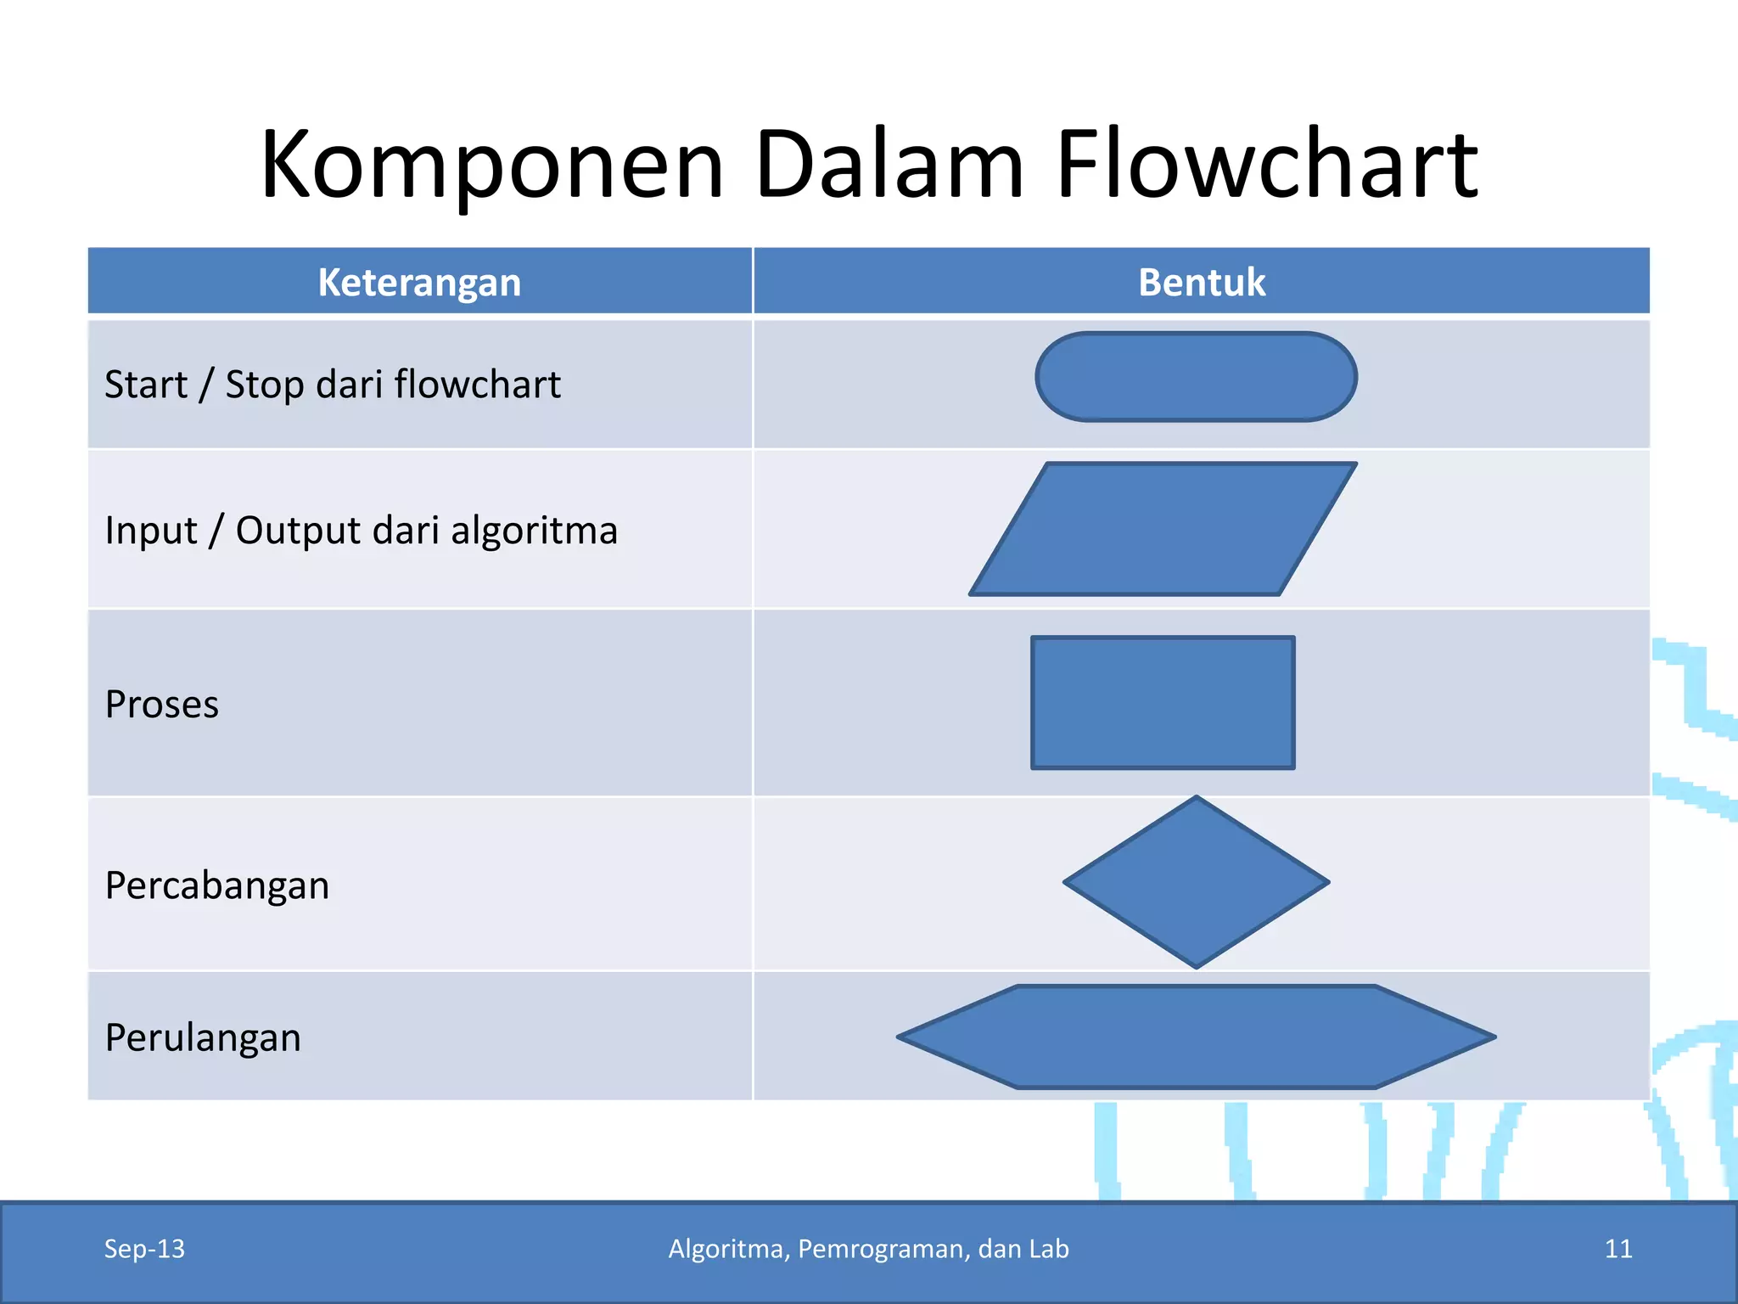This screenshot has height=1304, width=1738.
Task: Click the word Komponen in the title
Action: click(x=492, y=166)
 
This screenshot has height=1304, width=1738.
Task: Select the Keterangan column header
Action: click(x=419, y=283)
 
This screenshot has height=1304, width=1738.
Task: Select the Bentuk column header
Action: click(x=1202, y=283)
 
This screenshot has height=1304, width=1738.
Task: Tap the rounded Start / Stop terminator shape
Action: click(x=1196, y=377)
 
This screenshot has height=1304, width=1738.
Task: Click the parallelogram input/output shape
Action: click(x=1163, y=529)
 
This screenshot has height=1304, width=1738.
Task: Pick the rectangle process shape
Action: click(x=1163, y=703)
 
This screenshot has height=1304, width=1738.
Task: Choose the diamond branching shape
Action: click(x=1196, y=883)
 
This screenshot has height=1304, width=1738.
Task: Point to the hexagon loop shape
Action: click(x=1196, y=1037)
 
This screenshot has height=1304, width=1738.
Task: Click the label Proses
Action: click(x=162, y=705)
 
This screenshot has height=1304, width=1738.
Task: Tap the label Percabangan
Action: click(x=217, y=885)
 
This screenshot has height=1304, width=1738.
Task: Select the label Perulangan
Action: click(x=203, y=1038)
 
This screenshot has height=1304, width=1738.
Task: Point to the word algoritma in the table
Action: click(x=534, y=531)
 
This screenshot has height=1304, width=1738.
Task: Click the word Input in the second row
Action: click(x=150, y=531)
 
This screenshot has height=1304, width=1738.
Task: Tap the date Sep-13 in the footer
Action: click(x=144, y=1249)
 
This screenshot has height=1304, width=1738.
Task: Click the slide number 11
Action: click(x=1618, y=1249)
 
